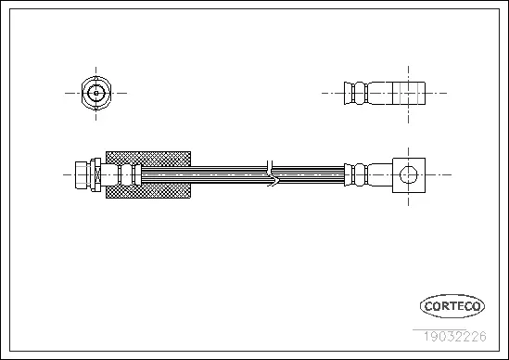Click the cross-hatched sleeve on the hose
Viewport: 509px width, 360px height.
click(x=148, y=158)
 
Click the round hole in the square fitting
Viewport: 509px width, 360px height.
click(x=406, y=174)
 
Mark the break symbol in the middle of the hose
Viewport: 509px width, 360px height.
click(x=270, y=173)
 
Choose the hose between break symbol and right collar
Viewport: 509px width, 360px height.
click(x=312, y=174)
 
